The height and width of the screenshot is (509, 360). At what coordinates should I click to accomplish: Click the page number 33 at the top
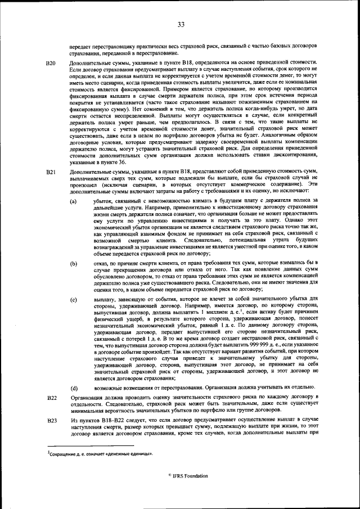point(181,24)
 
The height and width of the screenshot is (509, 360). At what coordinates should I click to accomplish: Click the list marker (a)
point(73,201)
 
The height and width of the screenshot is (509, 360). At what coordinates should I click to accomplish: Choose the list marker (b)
point(73,263)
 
